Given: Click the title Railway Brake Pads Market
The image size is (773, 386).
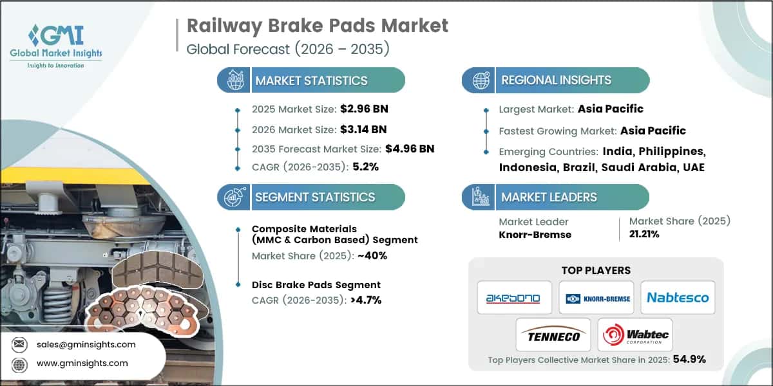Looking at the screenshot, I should click(317, 26).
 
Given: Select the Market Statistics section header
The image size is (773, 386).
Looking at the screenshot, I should click(311, 80).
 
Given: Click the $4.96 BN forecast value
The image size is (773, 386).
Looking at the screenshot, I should click(409, 149).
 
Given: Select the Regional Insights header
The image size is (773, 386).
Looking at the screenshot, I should click(556, 80).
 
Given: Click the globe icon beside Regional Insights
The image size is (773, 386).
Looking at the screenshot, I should click(480, 80).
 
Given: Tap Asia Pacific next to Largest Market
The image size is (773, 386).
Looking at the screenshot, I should click(610, 109).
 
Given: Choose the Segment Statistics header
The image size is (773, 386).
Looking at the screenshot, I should click(314, 197).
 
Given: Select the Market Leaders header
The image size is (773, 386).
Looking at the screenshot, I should click(549, 197).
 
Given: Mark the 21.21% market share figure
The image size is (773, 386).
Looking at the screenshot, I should click(644, 235).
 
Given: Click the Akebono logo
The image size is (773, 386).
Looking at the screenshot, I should click(514, 298).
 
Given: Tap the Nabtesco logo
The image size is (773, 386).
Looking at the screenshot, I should click(677, 298).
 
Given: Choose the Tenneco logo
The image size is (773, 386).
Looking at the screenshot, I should click(553, 335).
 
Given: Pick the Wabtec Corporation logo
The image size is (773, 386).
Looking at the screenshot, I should click(635, 335).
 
